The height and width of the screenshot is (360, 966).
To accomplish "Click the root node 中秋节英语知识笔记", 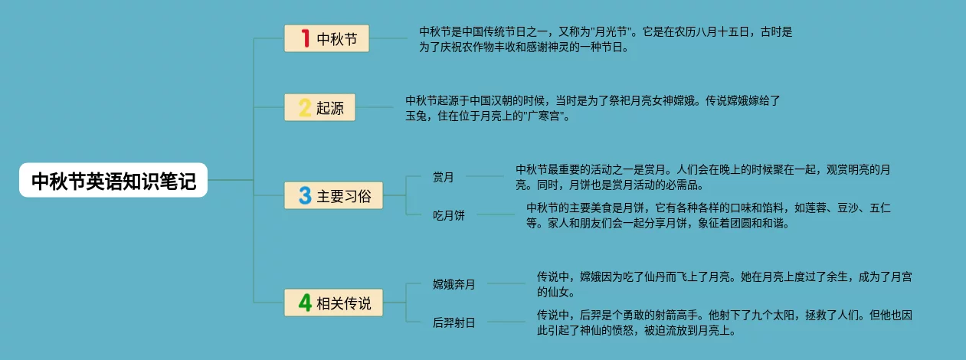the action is click(113, 182).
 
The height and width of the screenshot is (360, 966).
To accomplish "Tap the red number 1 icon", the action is click(305, 38).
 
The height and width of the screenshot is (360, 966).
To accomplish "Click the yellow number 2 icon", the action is click(305, 107).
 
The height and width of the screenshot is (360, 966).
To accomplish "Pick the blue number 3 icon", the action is click(305, 195).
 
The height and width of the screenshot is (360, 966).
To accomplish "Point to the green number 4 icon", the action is click(305, 303).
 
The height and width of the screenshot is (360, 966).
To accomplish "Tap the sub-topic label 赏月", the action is click(443, 178).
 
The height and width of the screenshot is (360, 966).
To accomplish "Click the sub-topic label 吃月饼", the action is click(448, 215).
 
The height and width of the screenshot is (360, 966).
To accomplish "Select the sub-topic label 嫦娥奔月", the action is click(454, 285).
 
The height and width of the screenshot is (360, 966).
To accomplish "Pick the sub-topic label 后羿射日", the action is click(454, 322).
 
